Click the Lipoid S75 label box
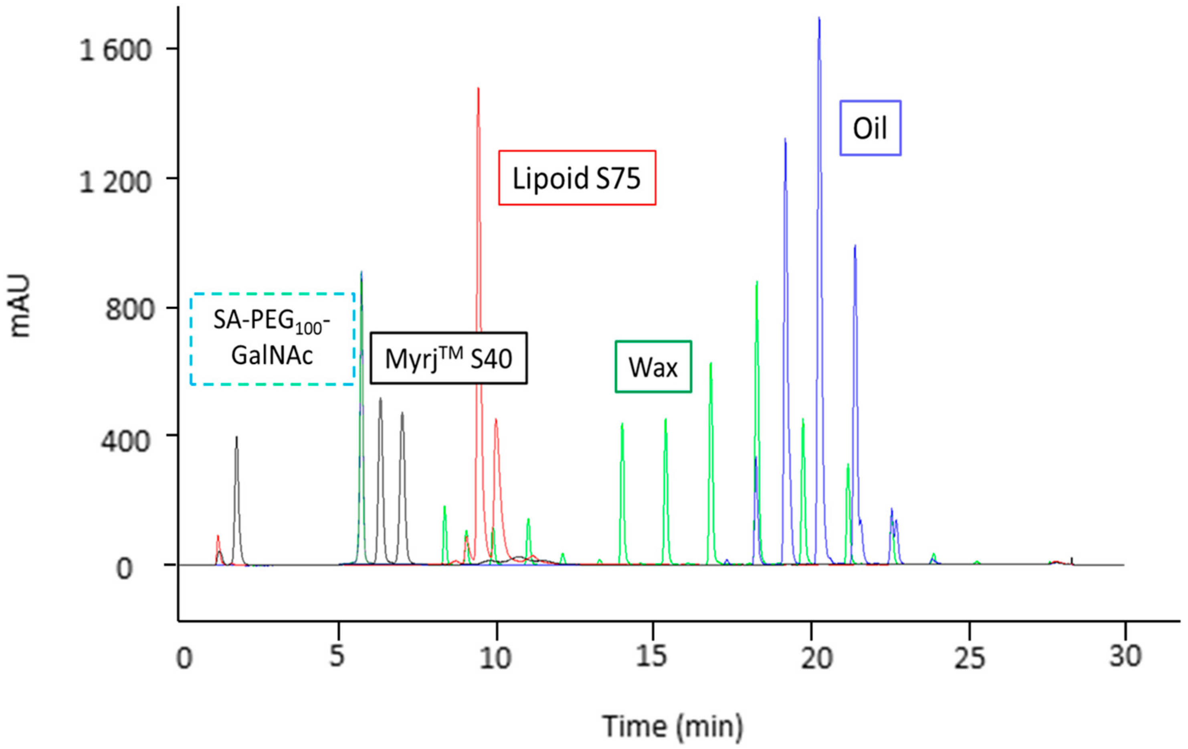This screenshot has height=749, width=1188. tap(577, 178)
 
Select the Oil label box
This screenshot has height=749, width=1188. tap(870, 128)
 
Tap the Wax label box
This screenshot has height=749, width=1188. tap(653, 367)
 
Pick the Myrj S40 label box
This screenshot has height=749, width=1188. tap(449, 358)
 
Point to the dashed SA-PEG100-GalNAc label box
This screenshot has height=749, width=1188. tap(272, 339)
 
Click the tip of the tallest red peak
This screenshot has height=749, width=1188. tap(478, 89)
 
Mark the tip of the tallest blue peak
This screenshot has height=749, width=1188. tap(819, 19)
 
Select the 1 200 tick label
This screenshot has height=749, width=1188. tap(115, 182)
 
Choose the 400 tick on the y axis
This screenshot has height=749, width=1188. tap(126, 440)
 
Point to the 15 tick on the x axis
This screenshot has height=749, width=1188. tap(652, 657)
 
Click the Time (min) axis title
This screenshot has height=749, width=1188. tap(673, 726)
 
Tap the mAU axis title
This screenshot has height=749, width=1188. tap(21, 306)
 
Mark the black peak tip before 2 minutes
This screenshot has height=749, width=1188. tap(236, 437)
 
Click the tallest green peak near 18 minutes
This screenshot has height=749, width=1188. tap(756, 282)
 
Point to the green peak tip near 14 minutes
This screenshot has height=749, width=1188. tap(622, 424)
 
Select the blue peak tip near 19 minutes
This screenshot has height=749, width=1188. tap(785, 140)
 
